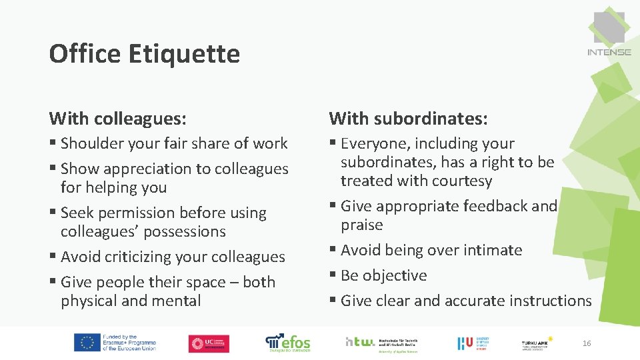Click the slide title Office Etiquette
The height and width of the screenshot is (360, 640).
tap(144, 53)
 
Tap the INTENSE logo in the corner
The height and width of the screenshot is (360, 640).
tap(609, 33)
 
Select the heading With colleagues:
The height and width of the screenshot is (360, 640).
tap(117, 119)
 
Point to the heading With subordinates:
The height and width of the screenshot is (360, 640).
tap(408, 119)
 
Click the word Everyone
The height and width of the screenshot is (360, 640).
tap(372, 143)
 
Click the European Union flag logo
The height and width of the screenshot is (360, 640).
tap(87, 343)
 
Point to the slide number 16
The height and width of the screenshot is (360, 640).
tap(587, 343)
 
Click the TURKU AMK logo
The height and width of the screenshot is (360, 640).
tap(537, 343)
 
